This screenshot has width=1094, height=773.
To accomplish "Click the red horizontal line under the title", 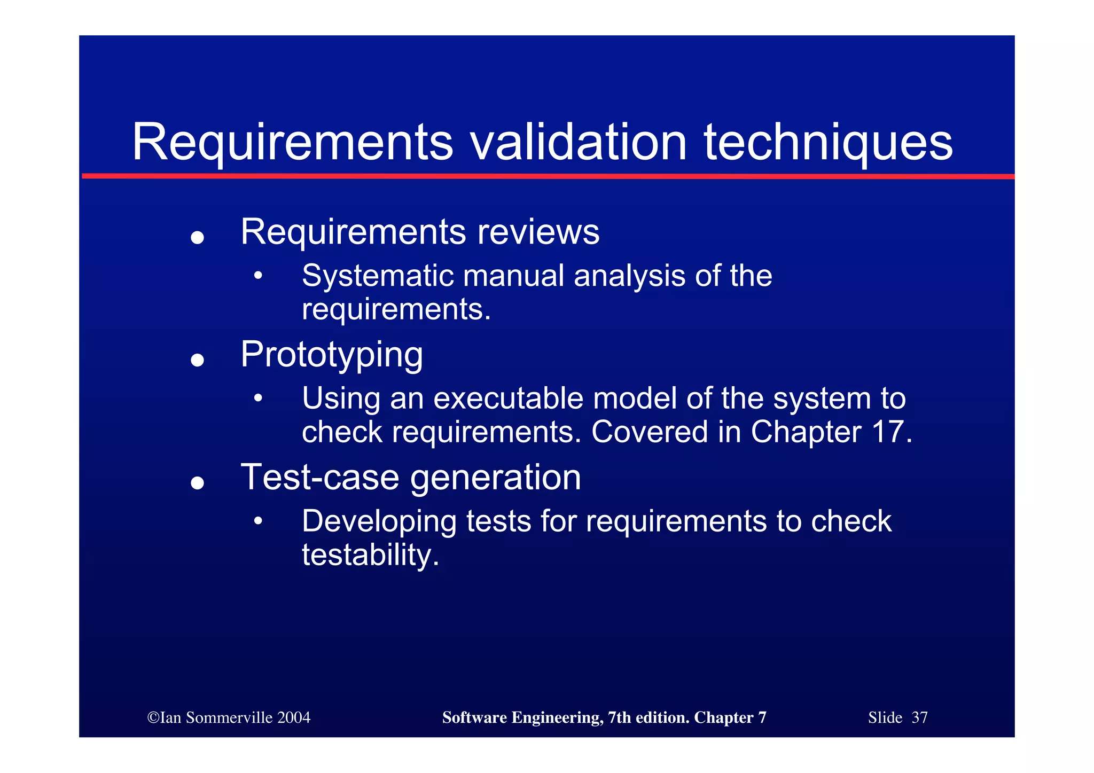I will (548, 176).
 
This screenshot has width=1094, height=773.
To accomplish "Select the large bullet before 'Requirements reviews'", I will (198, 237).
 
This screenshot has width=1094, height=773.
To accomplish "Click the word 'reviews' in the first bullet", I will (538, 232).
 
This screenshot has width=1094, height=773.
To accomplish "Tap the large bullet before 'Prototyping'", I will (198, 360).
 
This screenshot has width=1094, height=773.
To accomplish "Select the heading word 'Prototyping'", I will (332, 355).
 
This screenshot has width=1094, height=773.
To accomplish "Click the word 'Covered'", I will (649, 432).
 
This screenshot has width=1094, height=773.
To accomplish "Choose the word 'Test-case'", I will (319, 477).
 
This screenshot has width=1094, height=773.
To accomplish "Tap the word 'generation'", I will (495, 477).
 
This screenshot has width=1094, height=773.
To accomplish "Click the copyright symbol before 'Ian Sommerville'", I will (153, 717).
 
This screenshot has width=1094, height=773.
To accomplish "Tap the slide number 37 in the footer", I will (919, 717).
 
